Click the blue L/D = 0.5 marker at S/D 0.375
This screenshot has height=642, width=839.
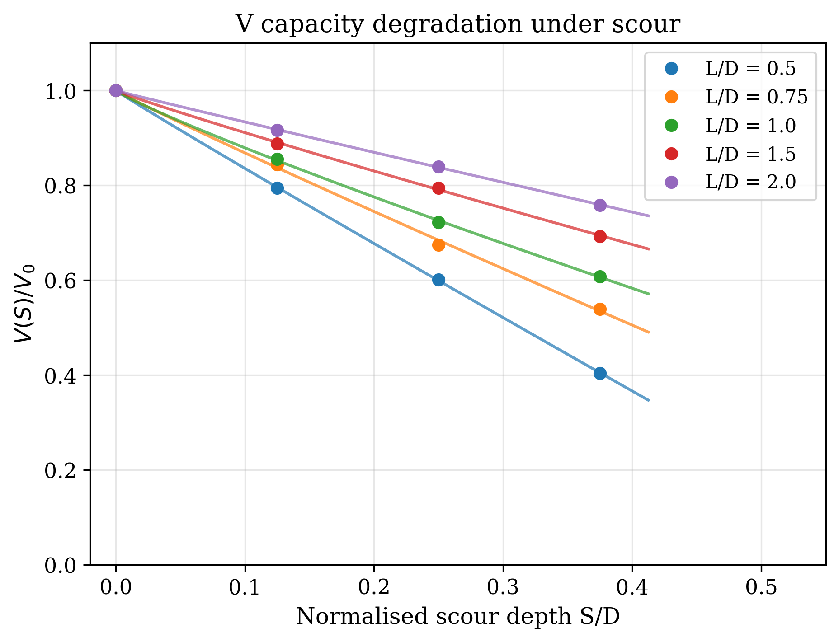coord(600,373)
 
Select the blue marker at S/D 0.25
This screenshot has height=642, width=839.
coord(438,280)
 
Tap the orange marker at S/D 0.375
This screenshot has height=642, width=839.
coord(600,309)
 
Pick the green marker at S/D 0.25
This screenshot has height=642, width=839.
coord(438,222)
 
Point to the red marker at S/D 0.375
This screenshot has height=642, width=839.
coord(600,236)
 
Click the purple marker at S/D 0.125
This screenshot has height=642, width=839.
coord(277,130)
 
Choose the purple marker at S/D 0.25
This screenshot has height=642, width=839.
coord(438,167)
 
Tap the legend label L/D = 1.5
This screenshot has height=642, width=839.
coord(750,154)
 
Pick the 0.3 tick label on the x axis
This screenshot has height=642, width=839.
coord(503,587)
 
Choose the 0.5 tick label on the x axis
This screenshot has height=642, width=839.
coord(761,587)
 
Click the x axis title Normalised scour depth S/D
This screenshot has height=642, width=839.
coord(457,617)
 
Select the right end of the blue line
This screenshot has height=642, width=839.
coord(649,401)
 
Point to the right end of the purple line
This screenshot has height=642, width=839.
coord(649,216)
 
